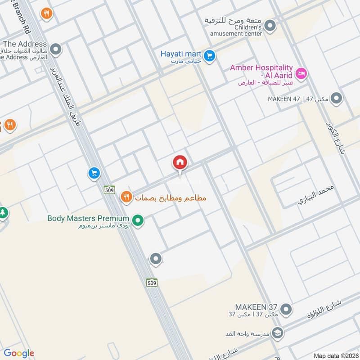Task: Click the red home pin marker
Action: click(180, 162)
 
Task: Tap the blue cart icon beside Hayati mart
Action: click(209, 56)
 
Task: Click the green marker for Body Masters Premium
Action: click(139, 220)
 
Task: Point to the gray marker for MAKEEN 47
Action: click(336, 98)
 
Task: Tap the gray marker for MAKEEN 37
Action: click(286, 309)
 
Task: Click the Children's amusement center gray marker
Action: click(270, 26)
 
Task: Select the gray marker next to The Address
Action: click(55, 49)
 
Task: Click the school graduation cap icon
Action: click(279, 333)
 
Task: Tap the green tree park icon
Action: click(3, 212)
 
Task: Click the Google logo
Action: click(19, 354)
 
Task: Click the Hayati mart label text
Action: click(180, 54)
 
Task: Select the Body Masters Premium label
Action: click(88, 219)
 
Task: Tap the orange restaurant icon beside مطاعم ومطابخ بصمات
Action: click(126, 197)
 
